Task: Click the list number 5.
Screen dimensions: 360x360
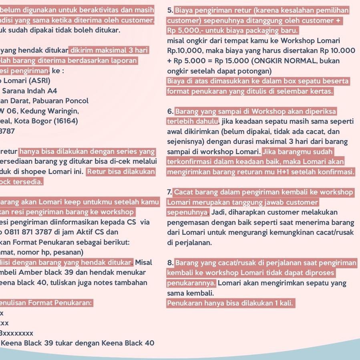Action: tap(170, 10)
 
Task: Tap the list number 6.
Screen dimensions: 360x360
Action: tap(170, 111)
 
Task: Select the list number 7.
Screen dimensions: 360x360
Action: tap(170, 192)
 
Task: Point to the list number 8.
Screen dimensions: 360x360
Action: tap(170, 263)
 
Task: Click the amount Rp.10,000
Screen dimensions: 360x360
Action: tap(185, 51)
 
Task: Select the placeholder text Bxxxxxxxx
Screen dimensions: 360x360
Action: tap(17, 333)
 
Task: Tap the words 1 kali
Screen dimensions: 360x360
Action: tap(283, 303)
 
